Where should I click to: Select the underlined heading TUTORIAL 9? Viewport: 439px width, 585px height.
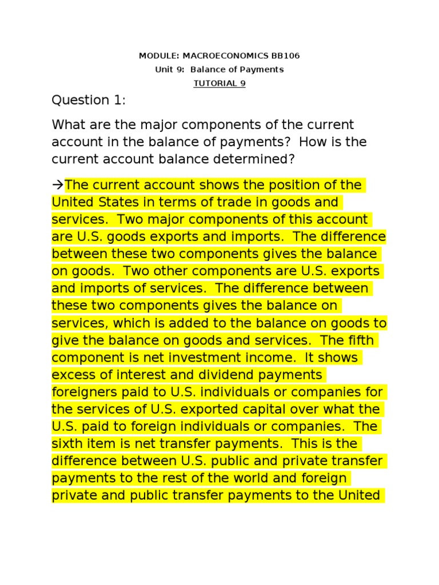click(x=219, y=83)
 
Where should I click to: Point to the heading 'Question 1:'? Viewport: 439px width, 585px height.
click(x=88, y=101)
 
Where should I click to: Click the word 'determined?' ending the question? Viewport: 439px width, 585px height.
click(x=260, y=159)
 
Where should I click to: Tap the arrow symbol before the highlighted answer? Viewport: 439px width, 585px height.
click(x=58, y=185)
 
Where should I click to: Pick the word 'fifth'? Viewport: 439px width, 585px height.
click(x=359, y=340)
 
